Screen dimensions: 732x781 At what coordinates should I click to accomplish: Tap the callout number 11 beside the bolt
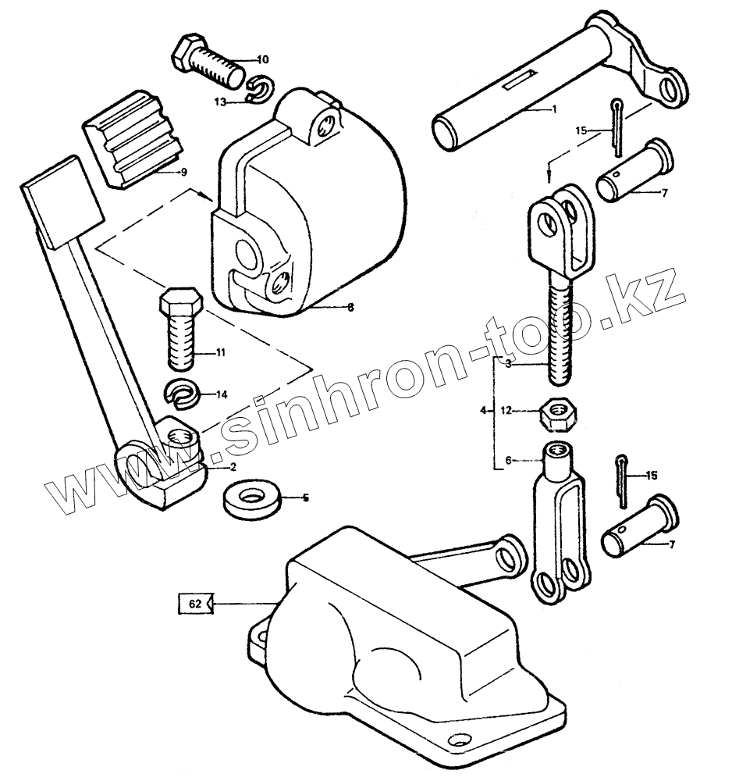click(x=221, y=354)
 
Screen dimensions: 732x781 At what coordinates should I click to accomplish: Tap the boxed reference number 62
click(x=195, y=603)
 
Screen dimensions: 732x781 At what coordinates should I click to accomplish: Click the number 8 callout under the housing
click(x=350, y=308)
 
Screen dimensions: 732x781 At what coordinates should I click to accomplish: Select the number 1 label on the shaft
click(x=555, y=109)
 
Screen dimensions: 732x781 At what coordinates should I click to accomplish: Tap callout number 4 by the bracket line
click(x=483, y=411)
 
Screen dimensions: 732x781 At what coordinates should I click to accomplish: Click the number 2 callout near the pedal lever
click(x=232, y=467)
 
